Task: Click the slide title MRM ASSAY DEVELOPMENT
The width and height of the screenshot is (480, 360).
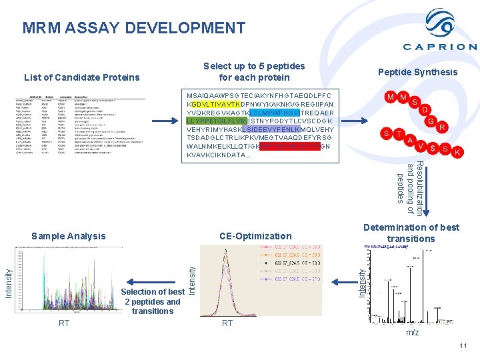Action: point(133,28)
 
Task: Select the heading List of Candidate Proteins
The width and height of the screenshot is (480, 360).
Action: point(81,77)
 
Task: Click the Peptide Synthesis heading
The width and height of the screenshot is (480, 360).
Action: point(417,72)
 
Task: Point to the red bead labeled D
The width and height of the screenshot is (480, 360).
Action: point(425,109)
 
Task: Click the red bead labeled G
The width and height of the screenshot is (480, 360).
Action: point(432,121)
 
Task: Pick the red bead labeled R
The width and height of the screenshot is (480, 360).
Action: point(443,127)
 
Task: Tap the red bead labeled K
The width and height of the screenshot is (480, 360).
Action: point(457,152)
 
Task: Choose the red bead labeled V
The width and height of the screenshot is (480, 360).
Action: point(421,146)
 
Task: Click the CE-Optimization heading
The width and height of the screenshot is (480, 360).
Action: point(255,236)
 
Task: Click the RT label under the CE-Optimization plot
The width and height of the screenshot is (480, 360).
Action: point(227,323)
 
